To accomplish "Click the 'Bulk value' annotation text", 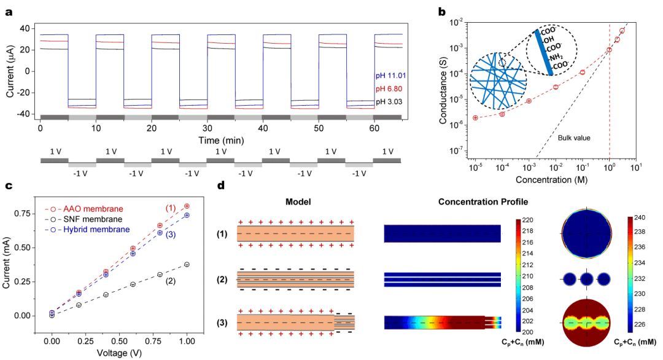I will point(574,138).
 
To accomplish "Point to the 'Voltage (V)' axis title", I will point(119,353).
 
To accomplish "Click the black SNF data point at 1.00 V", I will point(187,264).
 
